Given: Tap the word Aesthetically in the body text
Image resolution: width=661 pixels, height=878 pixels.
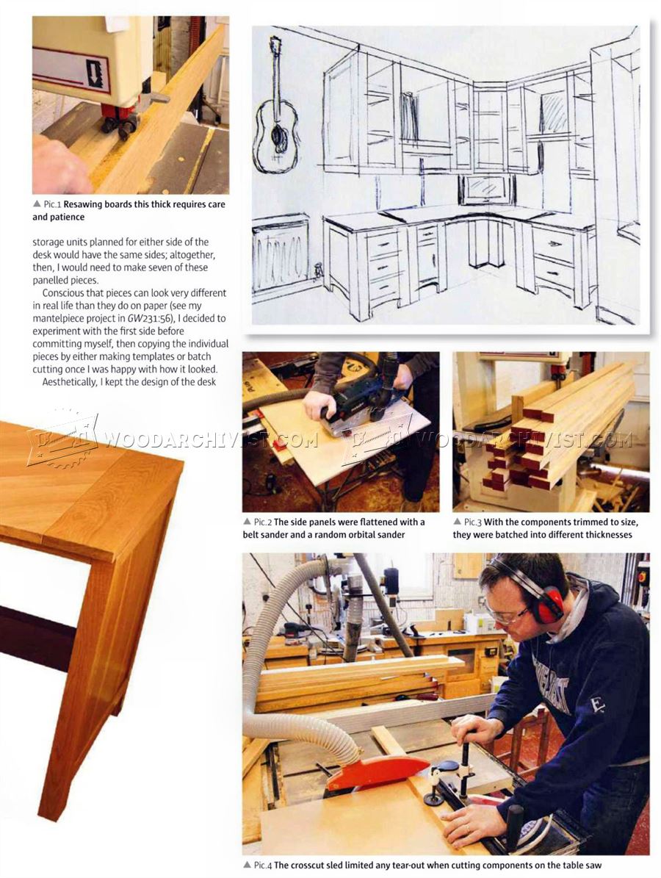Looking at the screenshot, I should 69,382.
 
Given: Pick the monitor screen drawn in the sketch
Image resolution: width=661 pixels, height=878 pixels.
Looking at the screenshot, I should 487,189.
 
